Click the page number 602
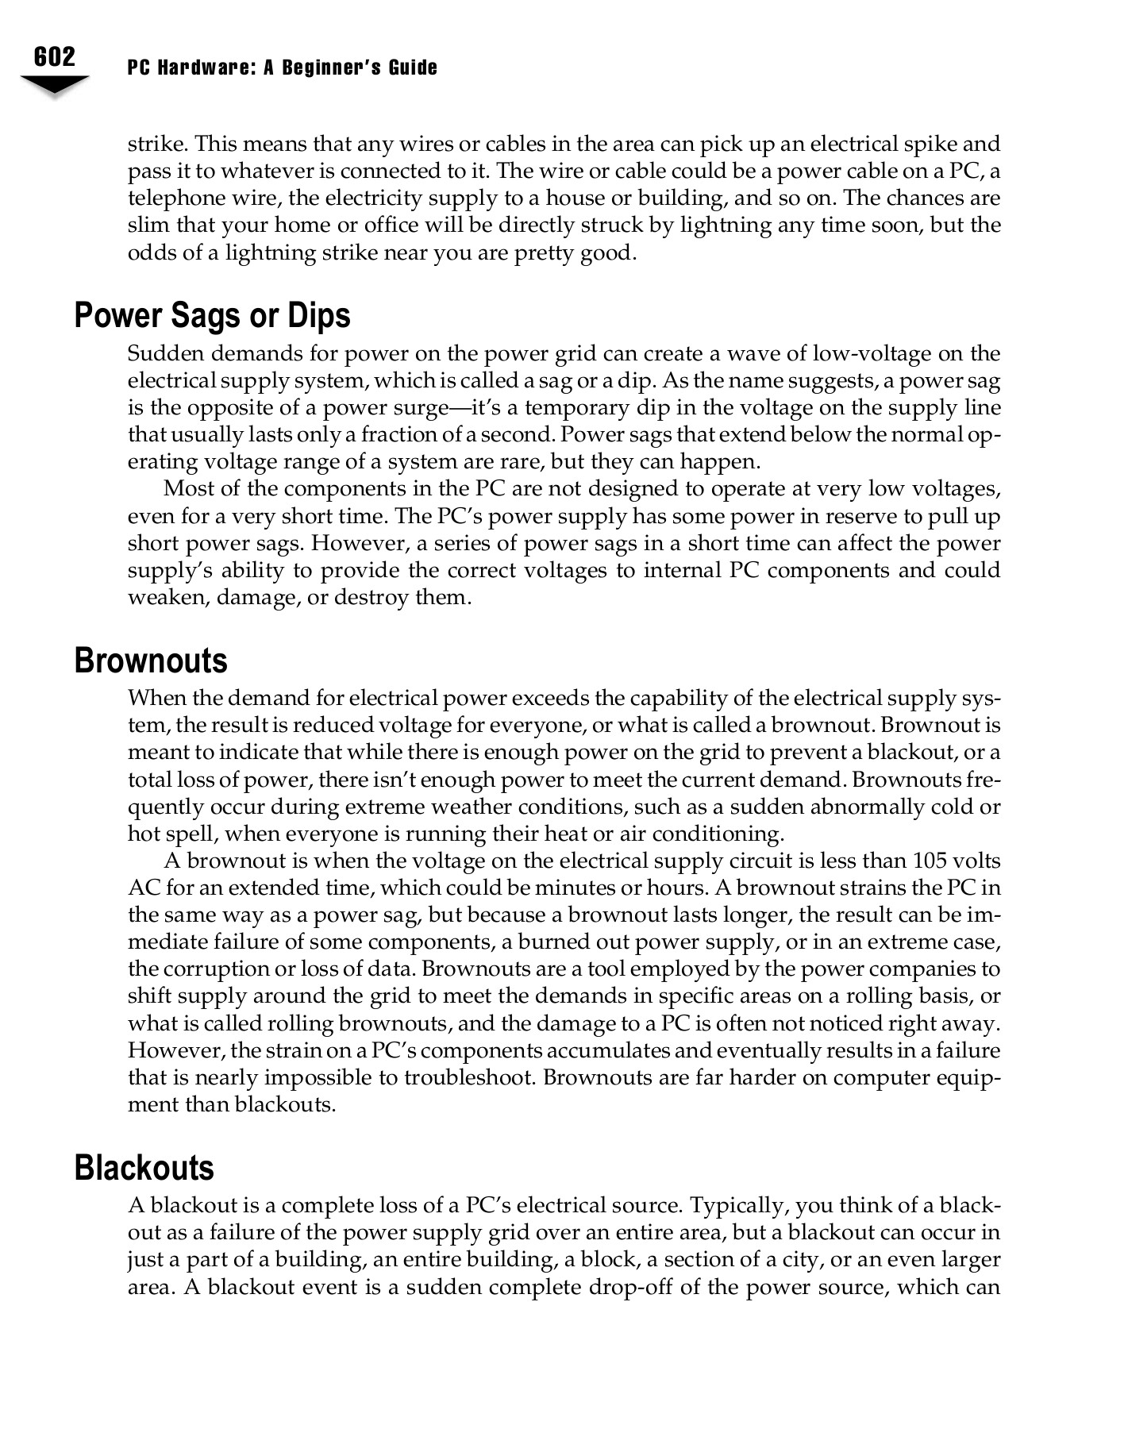pyautogui.click(x=55, y=57)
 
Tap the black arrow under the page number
pyautogui.click(x=54, y=85)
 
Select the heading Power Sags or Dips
pyautogui.click(x=212, y=315)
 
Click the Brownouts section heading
pyautogui.click(x=151, y=661)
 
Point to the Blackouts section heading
pyautogui.click(x=144, y=1168)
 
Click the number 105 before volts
pyautogui.click(x=934, y=861)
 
